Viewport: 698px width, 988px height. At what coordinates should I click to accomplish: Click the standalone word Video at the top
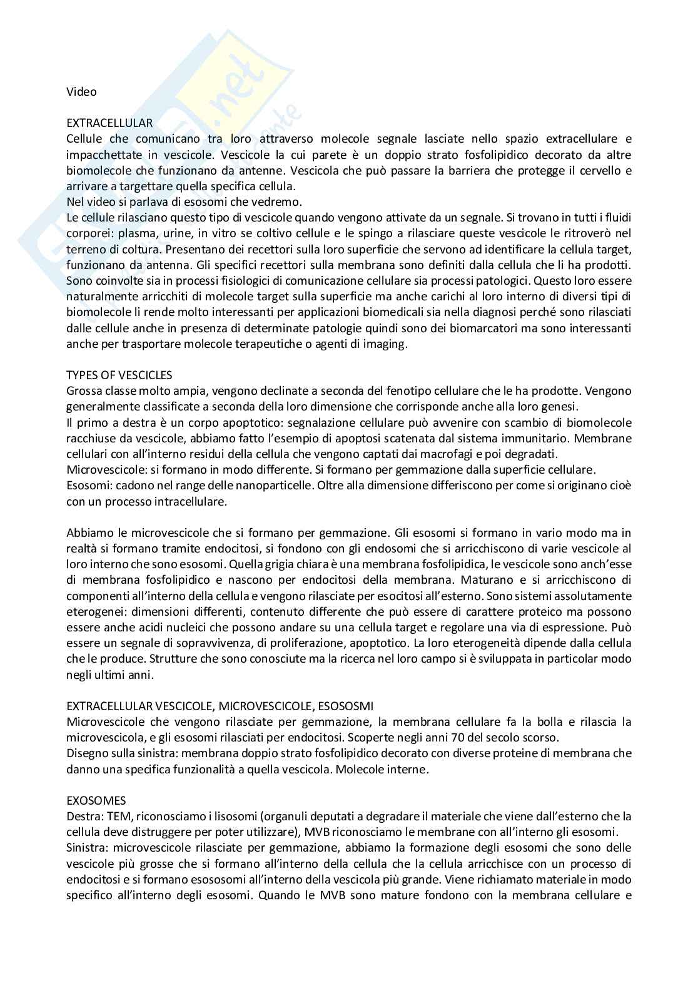[x=81, y=92]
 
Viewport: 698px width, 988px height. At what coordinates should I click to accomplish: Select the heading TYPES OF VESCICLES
[x=119, y=375]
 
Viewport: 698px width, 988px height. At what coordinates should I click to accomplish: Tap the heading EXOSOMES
[x=96, y=800]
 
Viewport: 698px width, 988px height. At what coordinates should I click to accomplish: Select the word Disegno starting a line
[x=86, y=753]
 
